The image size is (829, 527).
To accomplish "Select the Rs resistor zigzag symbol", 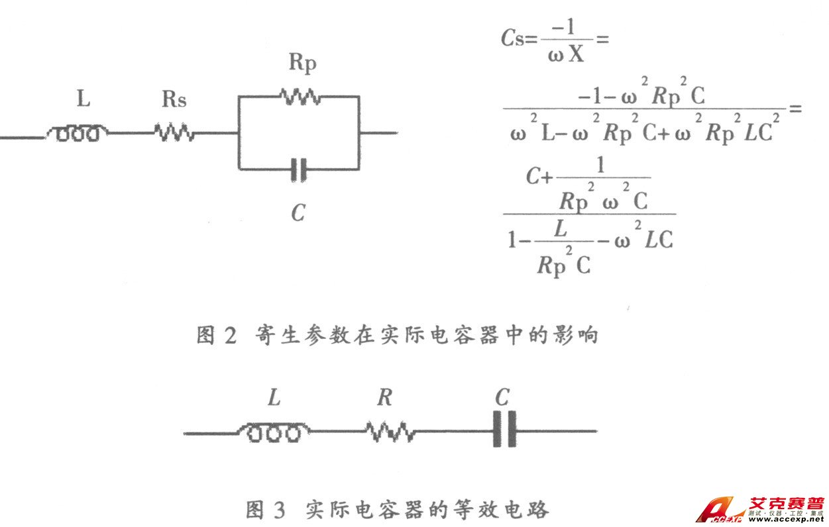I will (x=174, y=133).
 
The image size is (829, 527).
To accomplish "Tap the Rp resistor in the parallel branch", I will (x=300, y=97).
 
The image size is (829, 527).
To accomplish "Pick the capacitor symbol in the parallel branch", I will (x=300, y=170).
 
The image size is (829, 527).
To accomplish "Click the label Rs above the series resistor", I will (x=174, y=100).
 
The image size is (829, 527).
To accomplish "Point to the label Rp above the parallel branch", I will (x=302, y=63).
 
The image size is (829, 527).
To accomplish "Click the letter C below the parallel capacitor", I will (x=298, y=213).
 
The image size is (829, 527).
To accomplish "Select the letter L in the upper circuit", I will (x=83, y=99).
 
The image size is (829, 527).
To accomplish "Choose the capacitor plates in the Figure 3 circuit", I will (x=504, y=432).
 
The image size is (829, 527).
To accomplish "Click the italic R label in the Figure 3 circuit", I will (x=385, y=398).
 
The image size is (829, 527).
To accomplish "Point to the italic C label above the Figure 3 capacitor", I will (x=502, y=397).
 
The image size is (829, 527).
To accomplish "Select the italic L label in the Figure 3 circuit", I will (x=274, y=398).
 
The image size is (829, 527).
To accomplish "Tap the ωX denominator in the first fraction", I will (x=566, y=54).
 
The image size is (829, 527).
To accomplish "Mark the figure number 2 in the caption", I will (x=229, y=336).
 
